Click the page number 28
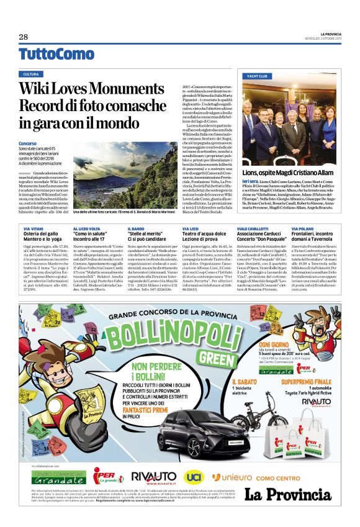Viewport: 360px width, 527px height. click(24, 37)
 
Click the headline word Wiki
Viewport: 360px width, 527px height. click(36, 90)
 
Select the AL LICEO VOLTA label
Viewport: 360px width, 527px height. click(89, 228)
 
